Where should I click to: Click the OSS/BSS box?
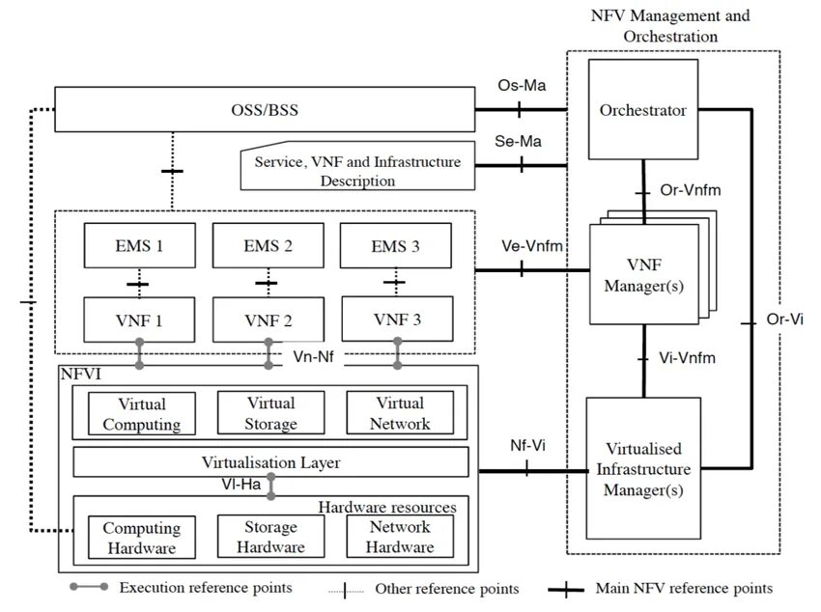[265, 109]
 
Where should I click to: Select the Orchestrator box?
[643, 109]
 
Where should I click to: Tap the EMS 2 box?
[269, 245]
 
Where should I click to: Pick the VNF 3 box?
[397, 319]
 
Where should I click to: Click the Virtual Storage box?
[270, 413]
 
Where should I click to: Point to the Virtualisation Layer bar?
[270, 461]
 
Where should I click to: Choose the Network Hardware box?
[400, 537]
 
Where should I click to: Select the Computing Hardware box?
[142, 538]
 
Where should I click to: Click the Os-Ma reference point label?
[522, 85]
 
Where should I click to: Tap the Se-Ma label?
[518, 141]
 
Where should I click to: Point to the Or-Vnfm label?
[690, 189]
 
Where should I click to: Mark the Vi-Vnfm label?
[687, 358]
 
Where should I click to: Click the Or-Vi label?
[784, 319]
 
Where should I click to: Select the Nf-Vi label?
[527, 445]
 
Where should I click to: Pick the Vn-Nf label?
[313, 357]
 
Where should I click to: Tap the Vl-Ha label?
[241, 485]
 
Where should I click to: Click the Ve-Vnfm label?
[532, 246]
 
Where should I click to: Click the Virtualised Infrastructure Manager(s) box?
[643, 468]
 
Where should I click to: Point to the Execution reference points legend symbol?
[89, 587]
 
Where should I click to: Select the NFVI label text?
[80, 374]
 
